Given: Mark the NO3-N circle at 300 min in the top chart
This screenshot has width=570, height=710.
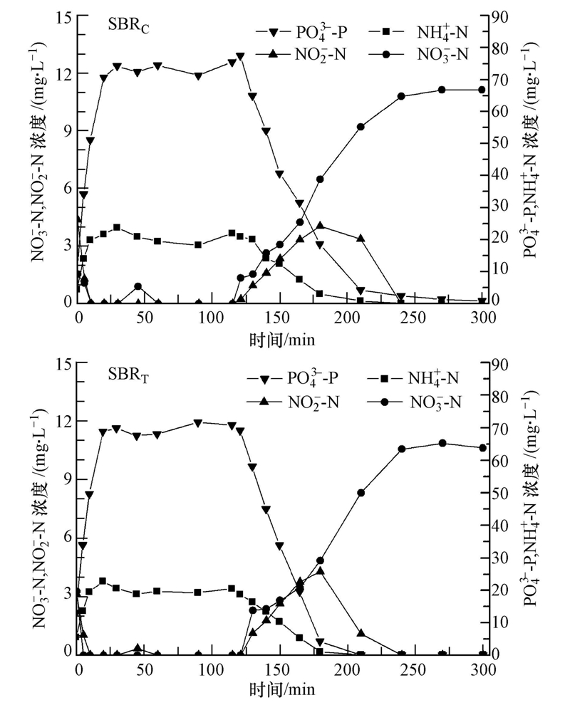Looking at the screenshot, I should pyautogui.click(x=482, y=90).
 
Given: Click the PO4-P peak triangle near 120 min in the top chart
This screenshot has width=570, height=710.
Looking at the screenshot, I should pyautogui.click(x=241, y=56).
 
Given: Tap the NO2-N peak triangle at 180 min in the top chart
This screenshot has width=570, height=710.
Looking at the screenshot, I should pyautogui.click(x=320, y=226).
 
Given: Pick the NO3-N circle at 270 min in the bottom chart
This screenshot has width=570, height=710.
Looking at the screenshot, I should pyautogui.click(x=442, y=443).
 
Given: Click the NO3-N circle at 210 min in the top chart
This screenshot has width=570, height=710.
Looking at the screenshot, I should pyautogui.click(x=361, y=127).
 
